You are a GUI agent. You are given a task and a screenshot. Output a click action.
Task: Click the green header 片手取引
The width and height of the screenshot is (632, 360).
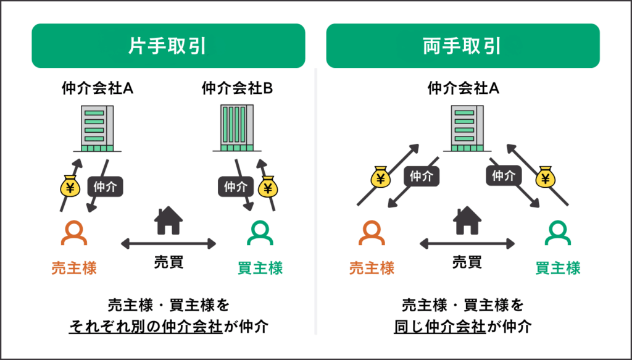coord(168,46)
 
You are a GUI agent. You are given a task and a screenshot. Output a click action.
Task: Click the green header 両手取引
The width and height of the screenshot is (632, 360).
coord(463,46)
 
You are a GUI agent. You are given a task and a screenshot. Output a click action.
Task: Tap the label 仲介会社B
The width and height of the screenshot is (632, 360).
coord(237,89)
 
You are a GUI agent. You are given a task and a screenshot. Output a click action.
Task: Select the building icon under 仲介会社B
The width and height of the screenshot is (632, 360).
coord(237,128)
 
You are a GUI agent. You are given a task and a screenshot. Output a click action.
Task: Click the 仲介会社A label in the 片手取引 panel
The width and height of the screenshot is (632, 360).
coord(98,89)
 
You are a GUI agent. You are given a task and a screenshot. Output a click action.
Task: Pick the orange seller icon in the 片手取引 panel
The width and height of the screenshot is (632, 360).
coord(74,233)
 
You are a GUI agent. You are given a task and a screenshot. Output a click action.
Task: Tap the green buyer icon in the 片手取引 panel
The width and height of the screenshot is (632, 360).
coord(260,233)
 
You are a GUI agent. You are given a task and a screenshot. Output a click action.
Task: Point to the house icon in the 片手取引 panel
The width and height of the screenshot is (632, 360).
coord(168,220)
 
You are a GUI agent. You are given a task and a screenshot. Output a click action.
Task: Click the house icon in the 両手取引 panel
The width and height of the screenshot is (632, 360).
coord(467,220)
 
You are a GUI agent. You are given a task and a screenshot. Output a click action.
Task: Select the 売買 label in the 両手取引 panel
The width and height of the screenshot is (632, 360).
coord(467,262)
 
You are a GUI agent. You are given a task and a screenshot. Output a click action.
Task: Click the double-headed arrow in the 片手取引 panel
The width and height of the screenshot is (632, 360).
coord(168,243)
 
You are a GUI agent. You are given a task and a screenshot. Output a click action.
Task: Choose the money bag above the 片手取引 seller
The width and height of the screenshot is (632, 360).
coord(69,185)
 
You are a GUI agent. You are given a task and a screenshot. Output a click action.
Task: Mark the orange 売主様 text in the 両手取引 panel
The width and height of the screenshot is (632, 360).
coord(372,268)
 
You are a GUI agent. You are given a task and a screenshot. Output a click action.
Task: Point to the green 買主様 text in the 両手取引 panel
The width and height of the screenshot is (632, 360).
coord(558,268)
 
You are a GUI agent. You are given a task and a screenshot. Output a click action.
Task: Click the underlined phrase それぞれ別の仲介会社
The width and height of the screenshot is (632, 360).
coord(145,327)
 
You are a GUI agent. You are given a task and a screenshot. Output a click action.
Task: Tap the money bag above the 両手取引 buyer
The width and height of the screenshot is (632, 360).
coord(545,178)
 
